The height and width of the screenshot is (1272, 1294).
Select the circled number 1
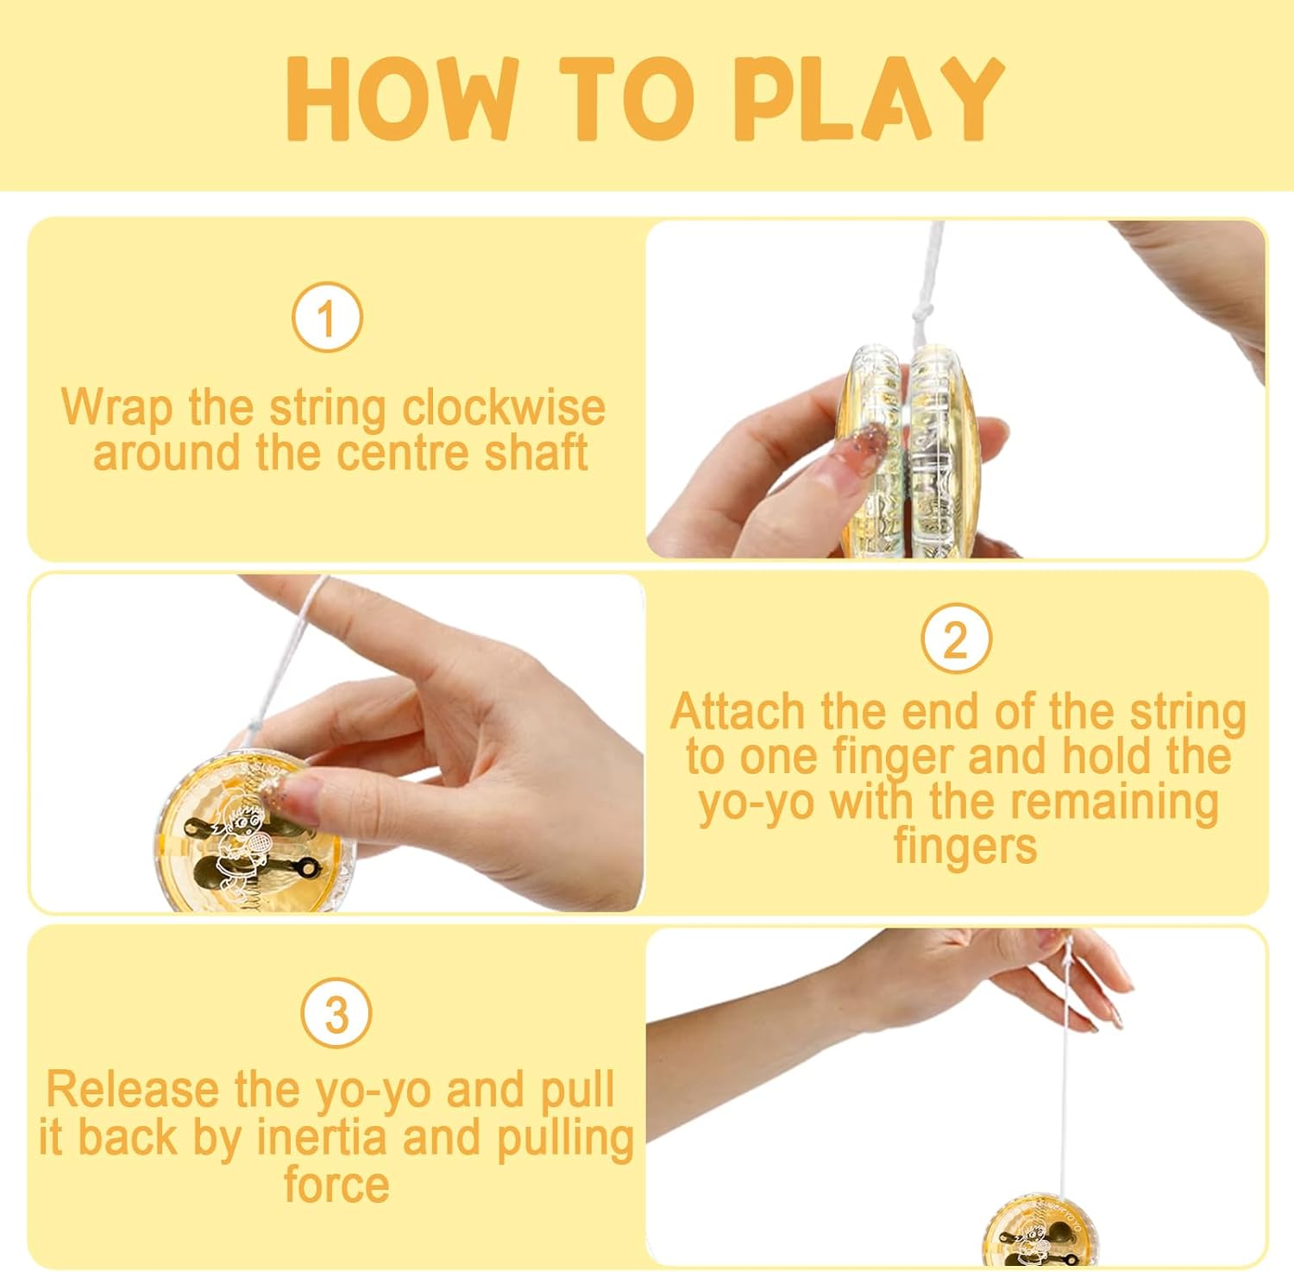click(x=327, y=318)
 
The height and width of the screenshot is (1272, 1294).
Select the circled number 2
click(x=956, y=639)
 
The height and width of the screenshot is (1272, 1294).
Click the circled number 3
click(x=336, y=1013)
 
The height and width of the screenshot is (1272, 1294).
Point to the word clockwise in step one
click(x=504, y=407)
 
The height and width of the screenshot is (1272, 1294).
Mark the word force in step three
click(x=336, y=1184)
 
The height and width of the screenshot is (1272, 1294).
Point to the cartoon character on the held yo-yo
click(x=238, y=847)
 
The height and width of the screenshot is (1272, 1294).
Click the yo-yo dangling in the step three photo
click(x=1040, y=1231)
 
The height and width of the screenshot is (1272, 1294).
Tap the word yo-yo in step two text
click(x=757, y=803)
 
